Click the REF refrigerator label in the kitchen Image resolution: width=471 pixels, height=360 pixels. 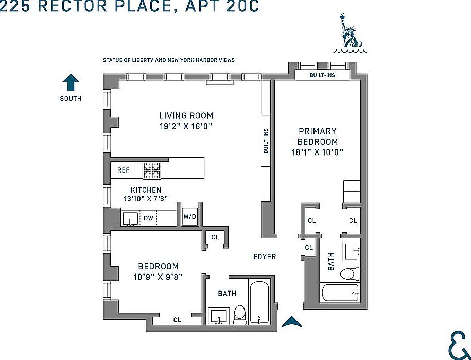coord(123,170)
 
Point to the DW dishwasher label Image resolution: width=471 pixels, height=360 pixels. coord(148,218)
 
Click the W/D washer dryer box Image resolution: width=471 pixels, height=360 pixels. coord(190,217)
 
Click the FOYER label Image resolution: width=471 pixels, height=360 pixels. coord(265,256)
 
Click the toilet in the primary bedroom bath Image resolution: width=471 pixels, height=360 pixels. coord(352,274)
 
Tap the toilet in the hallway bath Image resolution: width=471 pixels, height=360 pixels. coord(240,314)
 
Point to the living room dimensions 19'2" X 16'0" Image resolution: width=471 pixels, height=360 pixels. coord(186,126)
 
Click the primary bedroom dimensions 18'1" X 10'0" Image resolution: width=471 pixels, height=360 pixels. coord(317,152)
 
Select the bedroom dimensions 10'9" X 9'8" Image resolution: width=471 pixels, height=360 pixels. coord(158,277)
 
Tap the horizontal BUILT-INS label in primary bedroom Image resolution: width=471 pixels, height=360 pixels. coord(322,75)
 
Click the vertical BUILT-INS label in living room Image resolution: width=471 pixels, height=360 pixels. coord(266,141)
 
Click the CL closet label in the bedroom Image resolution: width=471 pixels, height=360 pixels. coord(177,320)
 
